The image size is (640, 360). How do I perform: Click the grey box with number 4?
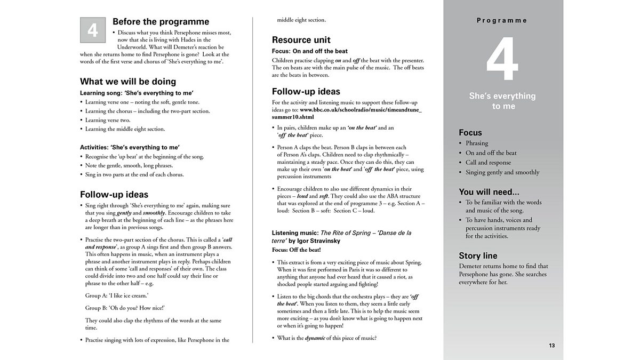(93, 30)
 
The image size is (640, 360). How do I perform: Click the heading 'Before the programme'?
(161, 22)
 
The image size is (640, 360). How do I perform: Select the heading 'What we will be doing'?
(128, 82)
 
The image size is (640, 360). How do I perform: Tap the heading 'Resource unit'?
(301, 39)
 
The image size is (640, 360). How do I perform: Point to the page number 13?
(552, 346)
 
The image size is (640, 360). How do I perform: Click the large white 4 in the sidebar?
(502, 60)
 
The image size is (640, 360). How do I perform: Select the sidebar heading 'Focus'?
(470, 132)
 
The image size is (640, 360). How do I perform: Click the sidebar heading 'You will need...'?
(489, 192)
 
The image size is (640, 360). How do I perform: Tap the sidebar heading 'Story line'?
(478, 255)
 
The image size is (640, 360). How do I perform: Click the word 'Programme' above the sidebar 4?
(502, 21)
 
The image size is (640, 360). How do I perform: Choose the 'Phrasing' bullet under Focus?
(477, 143)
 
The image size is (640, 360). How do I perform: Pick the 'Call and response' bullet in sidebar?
(488, 163)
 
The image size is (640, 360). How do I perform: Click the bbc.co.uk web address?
(347, 113)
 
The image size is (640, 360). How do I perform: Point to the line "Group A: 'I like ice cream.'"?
(117, 295)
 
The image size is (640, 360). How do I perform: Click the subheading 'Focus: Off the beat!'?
(297, 250)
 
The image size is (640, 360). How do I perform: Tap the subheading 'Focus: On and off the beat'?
(310, 51)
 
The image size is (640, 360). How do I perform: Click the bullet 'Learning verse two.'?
(108, 120)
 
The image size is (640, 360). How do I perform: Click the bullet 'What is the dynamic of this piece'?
(327, 338)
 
